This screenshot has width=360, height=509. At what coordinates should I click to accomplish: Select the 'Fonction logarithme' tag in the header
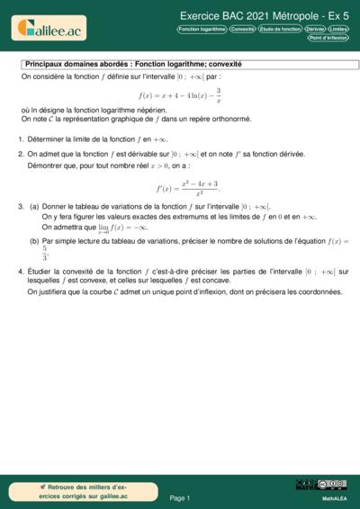point(202,29)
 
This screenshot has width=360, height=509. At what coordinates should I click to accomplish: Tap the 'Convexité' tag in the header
point(242,29)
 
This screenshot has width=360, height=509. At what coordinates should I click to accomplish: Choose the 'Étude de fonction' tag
point(280,29)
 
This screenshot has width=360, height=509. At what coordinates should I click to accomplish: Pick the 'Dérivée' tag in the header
point(315,29)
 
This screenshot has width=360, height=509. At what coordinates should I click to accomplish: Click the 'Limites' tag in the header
point(339,29)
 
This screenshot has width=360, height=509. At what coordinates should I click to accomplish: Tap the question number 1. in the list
point(20,139)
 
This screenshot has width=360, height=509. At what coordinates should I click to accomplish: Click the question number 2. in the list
point(20,154)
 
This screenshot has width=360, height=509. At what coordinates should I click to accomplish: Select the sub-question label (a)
point(34,206)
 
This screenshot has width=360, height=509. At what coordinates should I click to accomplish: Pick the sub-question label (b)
point(34,241)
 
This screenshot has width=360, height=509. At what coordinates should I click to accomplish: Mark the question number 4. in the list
point(20,271)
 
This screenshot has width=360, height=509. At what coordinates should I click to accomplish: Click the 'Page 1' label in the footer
point(180,497)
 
